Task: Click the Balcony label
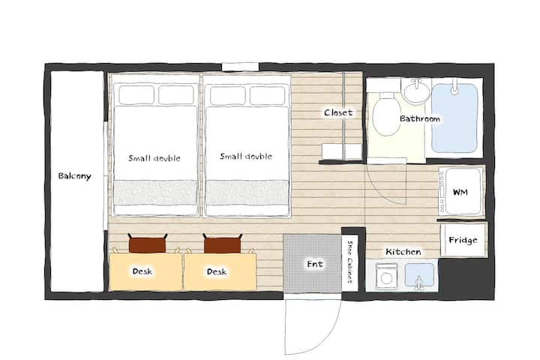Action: pyautogui.click(x=74, y=176)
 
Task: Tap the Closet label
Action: pyautogui.click(x=338, y=112)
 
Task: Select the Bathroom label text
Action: pyautogui.click(x=420, y=118)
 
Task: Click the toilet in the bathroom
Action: pyautogui.click(x=386, y=114)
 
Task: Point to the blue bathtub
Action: pyautogui.click(x=454, y=118)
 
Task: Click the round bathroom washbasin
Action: pyautogui.click(x=417, y=91)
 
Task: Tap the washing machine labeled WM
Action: pyautogui.click(x=460, y=191)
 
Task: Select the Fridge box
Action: pyautogui.click(x=463, y=240)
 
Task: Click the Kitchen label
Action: pyautogui.click(x=403, y=252)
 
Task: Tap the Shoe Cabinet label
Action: pyautogui.click(x=350, y=262)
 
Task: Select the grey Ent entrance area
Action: pyautogui.click(x=312, y=264)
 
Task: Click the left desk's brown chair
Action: pyautogui.click(x=148, y=243)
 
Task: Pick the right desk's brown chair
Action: pyautogui.click(x=223, y=244)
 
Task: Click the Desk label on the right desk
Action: pyautogui.click(x=217, y=271)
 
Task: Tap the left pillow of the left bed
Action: pyautogui.click(x=136, y=94)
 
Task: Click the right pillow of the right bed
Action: pyautogui.click(x=267, y=96)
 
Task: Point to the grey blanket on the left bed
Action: pyautogui.click(x=155, y=193)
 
